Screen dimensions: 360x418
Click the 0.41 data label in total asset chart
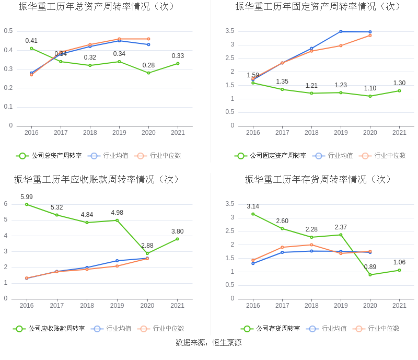pos(31,41)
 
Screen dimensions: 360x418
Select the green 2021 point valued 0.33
pos(178,63)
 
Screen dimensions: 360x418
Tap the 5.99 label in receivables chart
pos(27,196)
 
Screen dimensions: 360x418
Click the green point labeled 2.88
pos(147,253)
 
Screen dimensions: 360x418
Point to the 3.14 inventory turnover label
pos(253,206)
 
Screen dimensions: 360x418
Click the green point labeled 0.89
pos(370,275)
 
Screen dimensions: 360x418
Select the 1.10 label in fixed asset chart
pos(370,88)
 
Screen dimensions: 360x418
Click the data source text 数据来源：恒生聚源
pos(208,343)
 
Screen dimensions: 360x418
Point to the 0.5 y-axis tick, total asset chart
pos(8,31)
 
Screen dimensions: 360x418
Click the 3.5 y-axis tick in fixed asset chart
pos(230,31)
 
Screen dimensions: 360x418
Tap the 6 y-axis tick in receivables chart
pos(6,204)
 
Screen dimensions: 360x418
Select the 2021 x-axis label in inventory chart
pos(399,305)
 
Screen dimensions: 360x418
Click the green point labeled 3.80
pos(178,239)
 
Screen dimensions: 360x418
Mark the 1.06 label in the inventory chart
pos(400,262)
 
